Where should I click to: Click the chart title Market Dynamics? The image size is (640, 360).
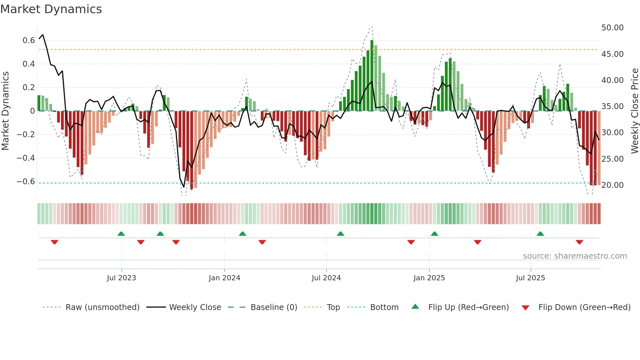coord(51,9)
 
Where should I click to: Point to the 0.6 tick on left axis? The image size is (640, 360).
coord(29,41)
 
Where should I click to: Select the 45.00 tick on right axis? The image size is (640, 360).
coord(612,54)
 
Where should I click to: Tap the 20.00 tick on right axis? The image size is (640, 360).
coord(612,185)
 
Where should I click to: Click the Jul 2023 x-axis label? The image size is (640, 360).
coord(121,278)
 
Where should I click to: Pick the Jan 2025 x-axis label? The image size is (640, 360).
coord(429,278)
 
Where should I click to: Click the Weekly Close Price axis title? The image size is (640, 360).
coord(634,111)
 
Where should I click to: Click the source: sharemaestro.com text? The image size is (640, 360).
coord(575,256)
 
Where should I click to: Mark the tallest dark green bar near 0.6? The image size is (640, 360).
coord(372,75)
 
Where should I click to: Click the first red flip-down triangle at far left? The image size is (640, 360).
coord(55,242)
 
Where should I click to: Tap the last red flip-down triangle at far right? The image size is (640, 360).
coord(580,242)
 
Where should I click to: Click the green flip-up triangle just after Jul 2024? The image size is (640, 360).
coord(341,234)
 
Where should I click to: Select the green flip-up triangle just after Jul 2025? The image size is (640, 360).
coord(540,234)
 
